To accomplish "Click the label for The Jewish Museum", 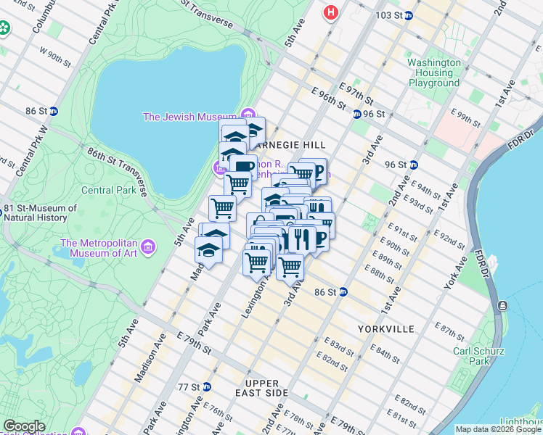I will pyautogui.click(x=190, y=117).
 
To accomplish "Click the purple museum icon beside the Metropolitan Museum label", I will pyautogui.click(x=149, y=248).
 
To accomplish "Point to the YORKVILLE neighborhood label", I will pyautogui.click(x=385, y=329).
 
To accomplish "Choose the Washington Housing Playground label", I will pyautogui.click(x=434, y=72).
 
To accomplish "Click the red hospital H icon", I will pyautogui.click(x=332, y=12).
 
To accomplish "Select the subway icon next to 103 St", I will pyautogui.click(x=409, y=15).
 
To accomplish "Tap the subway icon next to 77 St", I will pyautogui.click(x=206, y=387).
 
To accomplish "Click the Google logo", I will pyautogui.click(x=25, y=426).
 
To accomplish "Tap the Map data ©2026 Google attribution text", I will pyautogui.click(x=498, y=429).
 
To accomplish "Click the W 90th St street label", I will pyautogui.click(x=55, y=57).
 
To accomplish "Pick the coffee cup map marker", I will pyautogui.click(x=242, y=167).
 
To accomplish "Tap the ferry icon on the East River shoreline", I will pyautogui.click(x=502, y=305).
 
